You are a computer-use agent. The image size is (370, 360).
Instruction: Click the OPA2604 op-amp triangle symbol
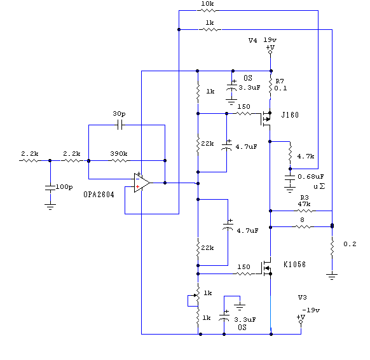(x=142, y=183)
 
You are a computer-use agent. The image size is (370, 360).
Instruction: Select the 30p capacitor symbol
(x=120, y=125)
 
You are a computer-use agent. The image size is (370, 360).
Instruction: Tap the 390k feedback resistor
(x=119, y=160)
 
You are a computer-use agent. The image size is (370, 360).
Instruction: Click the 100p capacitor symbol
(x=50, y=188)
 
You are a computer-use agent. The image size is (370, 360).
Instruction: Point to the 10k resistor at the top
(x=208, y=10)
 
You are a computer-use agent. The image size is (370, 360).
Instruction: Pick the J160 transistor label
(x=290, y=115)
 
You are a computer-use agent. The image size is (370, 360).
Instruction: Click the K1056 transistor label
(x=294, y=265)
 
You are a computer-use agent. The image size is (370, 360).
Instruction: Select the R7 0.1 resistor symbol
(x=271, y=86)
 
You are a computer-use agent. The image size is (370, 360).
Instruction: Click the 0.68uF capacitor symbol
(x=290, y=177)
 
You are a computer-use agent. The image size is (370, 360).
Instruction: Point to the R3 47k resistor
(x=305, y=211)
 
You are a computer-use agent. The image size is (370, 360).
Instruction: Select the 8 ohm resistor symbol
(x=303, y=227)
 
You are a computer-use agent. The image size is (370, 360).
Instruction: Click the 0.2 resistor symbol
(x=332, y=247)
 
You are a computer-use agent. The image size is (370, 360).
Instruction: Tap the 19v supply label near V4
(x=270, y=39)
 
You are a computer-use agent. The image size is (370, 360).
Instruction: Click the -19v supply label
(x=311, y=310)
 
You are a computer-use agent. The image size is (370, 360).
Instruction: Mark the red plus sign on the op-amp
(x=137, y=187)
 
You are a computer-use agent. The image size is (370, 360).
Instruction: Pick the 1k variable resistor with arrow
(x=198, y=295)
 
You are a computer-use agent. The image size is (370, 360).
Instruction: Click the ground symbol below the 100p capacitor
(x=50, y=207)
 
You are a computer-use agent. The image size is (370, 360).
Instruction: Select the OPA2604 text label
(x=99, y=195)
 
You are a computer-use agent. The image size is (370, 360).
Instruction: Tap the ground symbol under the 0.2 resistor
(x=332, y=277)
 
